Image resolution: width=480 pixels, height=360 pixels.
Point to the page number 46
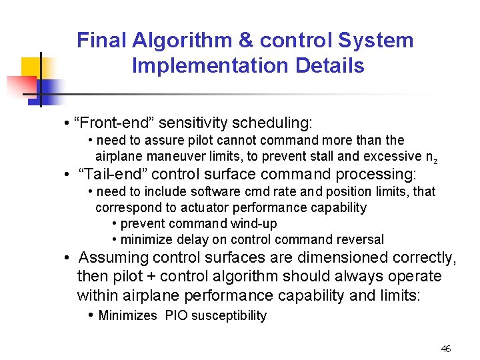click(446, 349)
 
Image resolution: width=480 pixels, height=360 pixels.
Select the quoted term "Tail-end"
click(105, 174)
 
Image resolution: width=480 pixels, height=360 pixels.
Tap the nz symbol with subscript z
click(431, 157)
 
